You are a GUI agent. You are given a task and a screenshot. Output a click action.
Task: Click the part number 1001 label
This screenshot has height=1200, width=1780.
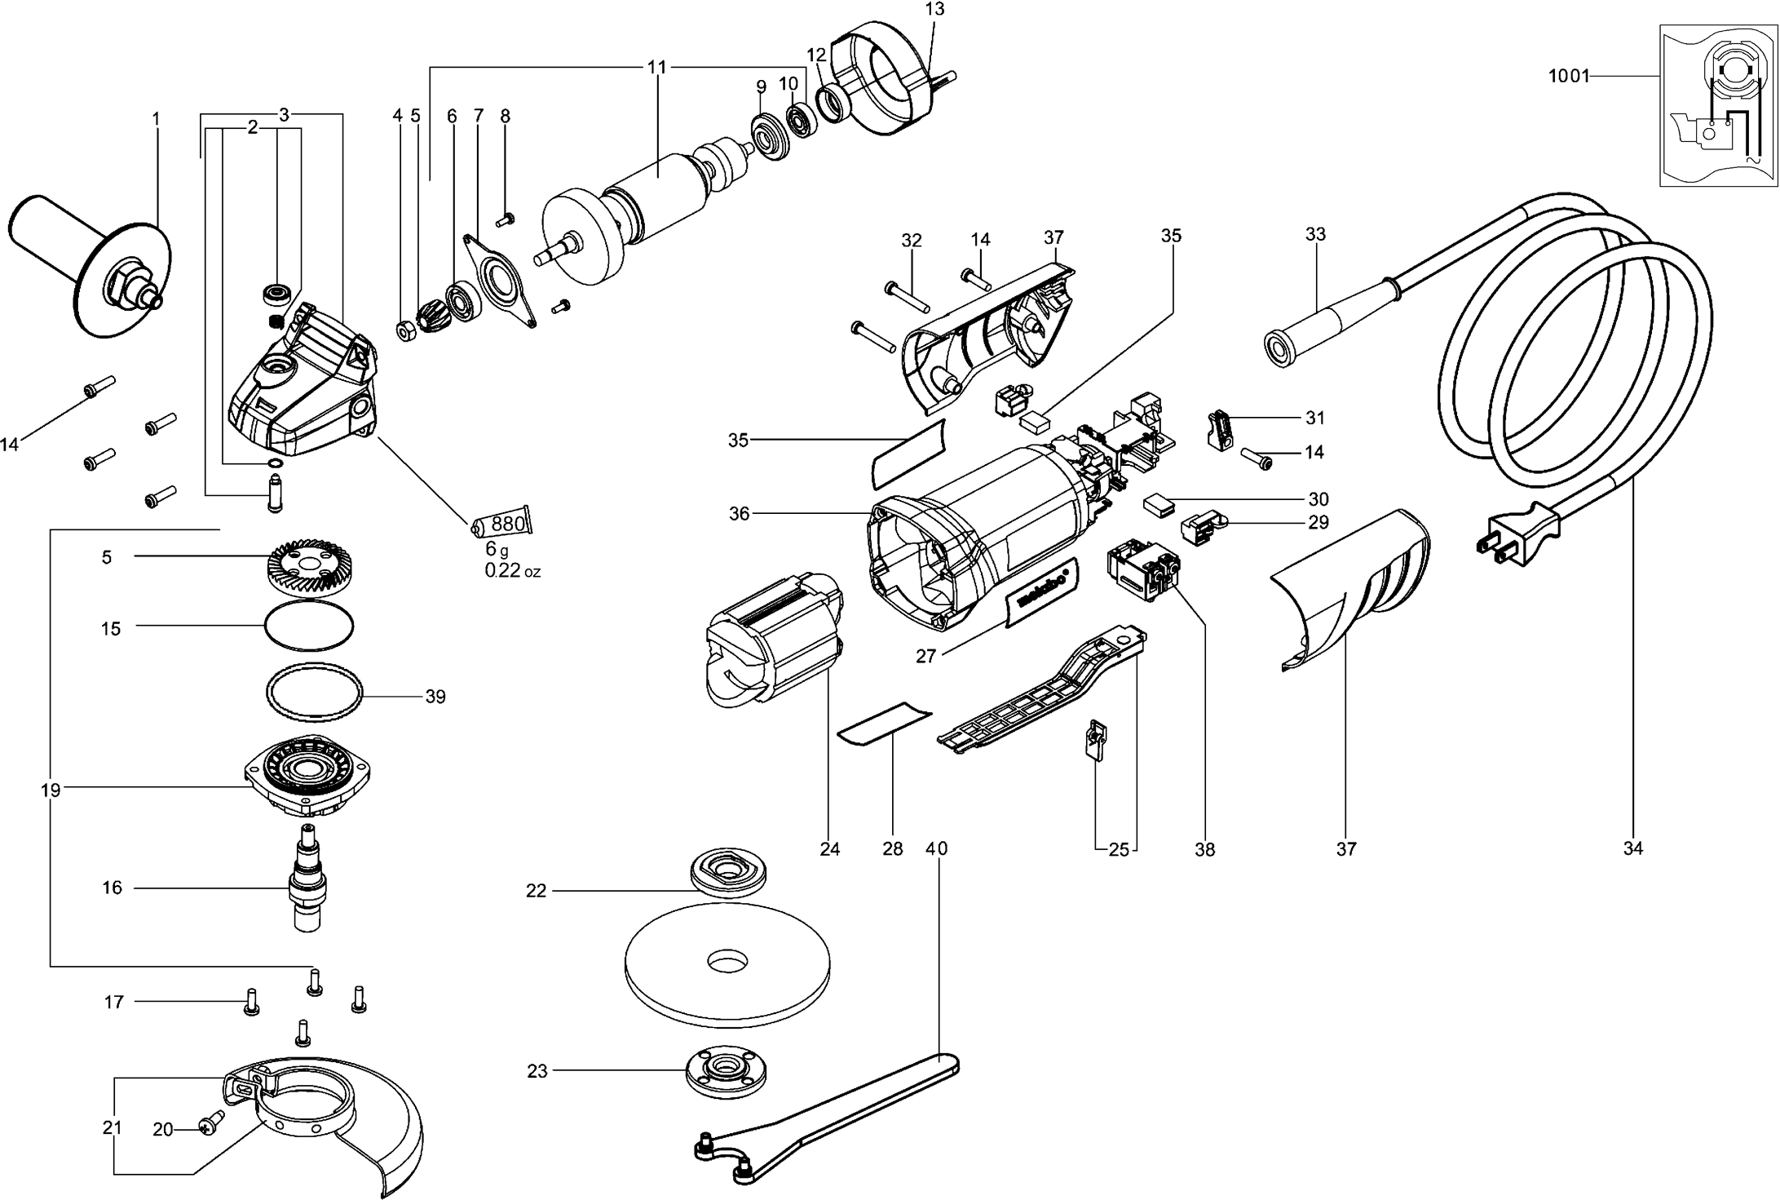1569,77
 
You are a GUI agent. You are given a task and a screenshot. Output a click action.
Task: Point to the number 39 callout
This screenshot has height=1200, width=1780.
435,697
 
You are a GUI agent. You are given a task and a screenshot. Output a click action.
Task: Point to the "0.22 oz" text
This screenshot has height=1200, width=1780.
512,571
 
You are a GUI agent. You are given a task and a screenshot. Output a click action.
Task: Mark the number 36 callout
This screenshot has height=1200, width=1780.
739,514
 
